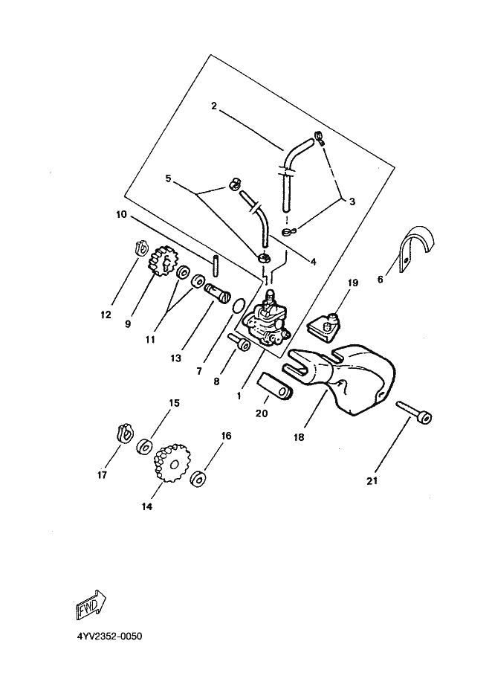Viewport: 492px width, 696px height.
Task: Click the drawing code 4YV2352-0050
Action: click(x=109, y=637)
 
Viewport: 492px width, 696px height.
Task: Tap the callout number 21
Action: click(x=372, y=480)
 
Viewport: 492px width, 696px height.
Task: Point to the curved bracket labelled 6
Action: click(x=414, y=248)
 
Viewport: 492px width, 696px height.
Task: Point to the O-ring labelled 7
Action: click(x=236, y=306)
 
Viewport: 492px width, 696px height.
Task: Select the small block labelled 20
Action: click(x=276, y=387)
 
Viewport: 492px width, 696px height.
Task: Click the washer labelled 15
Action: click(x=144, y=447)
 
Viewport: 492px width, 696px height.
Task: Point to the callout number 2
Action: click(x=213, y=106)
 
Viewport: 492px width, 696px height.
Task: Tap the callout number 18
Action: click(x=298, y=438)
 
